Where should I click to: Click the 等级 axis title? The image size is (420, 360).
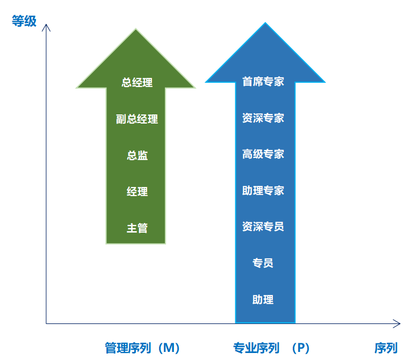[24, 21]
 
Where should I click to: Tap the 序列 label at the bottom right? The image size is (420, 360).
[386, 348]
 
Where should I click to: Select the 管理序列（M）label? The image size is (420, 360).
[142, 348]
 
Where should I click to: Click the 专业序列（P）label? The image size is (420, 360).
[271, 348]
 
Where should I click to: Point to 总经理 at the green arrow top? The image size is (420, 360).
[137, 83]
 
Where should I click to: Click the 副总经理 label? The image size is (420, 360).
[137, 119]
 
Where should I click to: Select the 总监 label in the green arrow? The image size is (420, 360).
[137, 155]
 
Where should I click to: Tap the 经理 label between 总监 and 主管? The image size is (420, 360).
[137, 192]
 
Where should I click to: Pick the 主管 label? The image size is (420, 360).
[137, 228]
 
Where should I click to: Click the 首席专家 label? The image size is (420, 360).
[263, 82]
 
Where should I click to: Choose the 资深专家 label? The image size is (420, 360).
[263, 118]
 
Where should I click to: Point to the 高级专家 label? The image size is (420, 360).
[263, 154]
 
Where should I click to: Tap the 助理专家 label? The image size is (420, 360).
[263, 191]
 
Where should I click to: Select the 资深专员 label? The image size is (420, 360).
[263, 227]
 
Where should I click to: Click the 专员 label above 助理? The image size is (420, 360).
[263, 263]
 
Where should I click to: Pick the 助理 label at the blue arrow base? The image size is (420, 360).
[263, 299]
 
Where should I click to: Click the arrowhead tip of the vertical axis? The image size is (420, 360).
[46, 24]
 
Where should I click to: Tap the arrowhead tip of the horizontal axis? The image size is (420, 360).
[400, 323]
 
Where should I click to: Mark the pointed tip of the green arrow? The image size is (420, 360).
[136, 28]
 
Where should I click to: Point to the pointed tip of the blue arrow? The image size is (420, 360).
[265, 23]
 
